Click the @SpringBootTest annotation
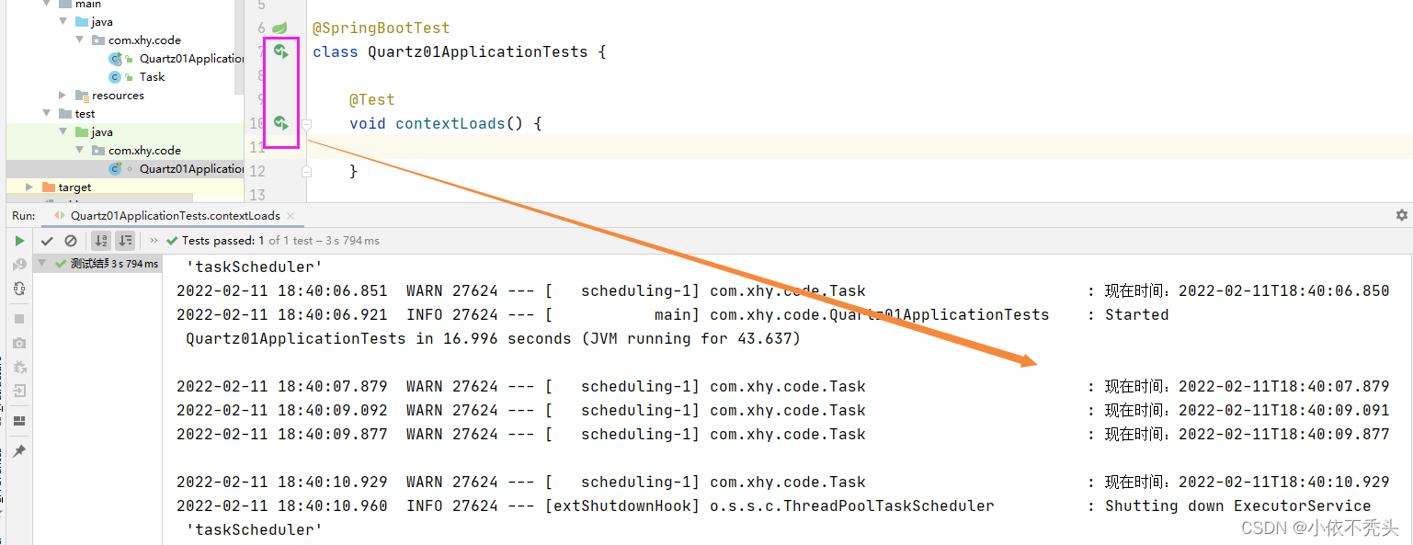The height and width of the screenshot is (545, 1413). point(381,28)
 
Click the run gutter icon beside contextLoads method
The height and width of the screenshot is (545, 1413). point(281,123)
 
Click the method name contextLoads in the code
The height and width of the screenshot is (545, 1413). point(450,123)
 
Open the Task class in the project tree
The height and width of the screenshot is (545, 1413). point(152,77)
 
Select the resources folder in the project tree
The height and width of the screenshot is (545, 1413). point(118,96)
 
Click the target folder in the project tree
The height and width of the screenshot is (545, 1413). point(74,187)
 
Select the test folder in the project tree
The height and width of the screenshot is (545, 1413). point(85,114)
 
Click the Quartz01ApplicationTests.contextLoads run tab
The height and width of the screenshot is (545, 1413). point(175,216)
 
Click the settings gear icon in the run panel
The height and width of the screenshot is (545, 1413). point(1401,215)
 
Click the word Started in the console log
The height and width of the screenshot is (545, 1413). point(1136,314)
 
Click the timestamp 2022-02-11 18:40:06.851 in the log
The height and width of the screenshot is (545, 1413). point(281,290)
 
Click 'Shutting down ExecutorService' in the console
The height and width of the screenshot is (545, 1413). point(1237,505)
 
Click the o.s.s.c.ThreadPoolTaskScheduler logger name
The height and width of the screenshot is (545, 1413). point(851,505)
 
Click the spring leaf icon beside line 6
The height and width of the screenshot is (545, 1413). point(280,28)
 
